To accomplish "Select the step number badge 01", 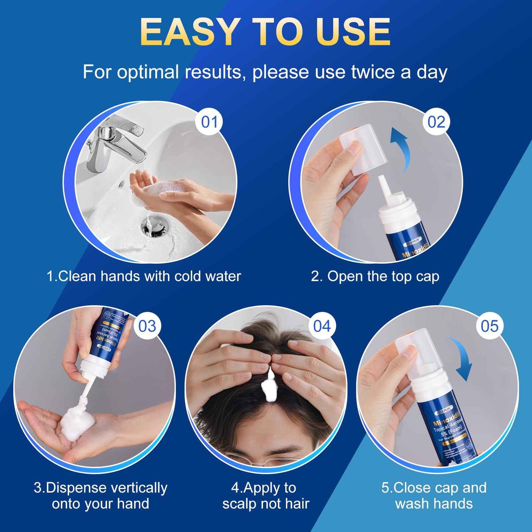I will click(x=209, y=122).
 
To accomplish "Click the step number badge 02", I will click(x=436, y=122).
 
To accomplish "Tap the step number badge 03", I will click(x=147, y=326).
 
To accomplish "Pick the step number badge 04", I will click(x=322, y=326).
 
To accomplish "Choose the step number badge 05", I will click(x=490, y=326).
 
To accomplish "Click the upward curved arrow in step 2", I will click(x=401, y=147).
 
